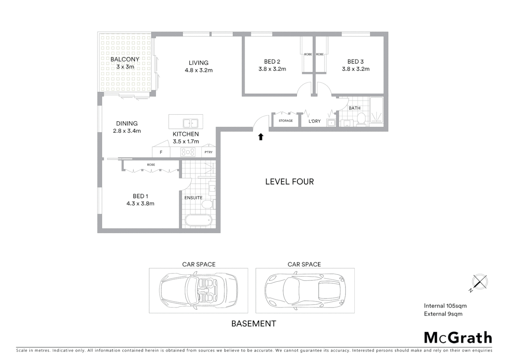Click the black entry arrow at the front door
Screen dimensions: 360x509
[261, 137]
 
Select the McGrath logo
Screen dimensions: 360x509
[458, 338]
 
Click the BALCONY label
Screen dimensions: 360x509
[125, 59]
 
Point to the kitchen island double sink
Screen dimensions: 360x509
[191, 123]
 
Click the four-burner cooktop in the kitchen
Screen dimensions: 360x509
[188, 152]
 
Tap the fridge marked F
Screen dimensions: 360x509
[161, 152]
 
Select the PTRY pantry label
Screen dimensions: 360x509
[209, 152]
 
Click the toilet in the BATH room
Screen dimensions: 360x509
[361, 119]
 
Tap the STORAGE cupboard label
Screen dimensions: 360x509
[286, 121]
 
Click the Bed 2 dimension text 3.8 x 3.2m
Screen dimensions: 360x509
[272, 69]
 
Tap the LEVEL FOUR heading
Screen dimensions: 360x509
[289, 182]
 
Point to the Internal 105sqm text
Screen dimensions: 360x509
[445, 306]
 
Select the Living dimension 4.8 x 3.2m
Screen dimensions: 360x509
[199, 70]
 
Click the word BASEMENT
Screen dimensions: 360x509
[254, 324]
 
